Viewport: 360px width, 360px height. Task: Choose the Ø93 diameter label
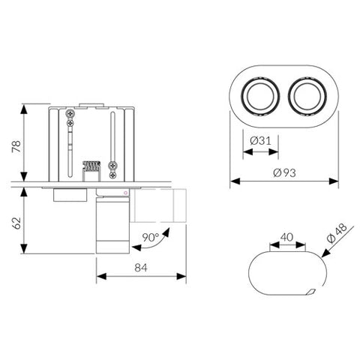[283, 172]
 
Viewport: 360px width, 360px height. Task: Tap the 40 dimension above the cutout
[286, 236]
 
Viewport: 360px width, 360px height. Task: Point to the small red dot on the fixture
[125, 193]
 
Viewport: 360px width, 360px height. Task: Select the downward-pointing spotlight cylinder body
[111, 225]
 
